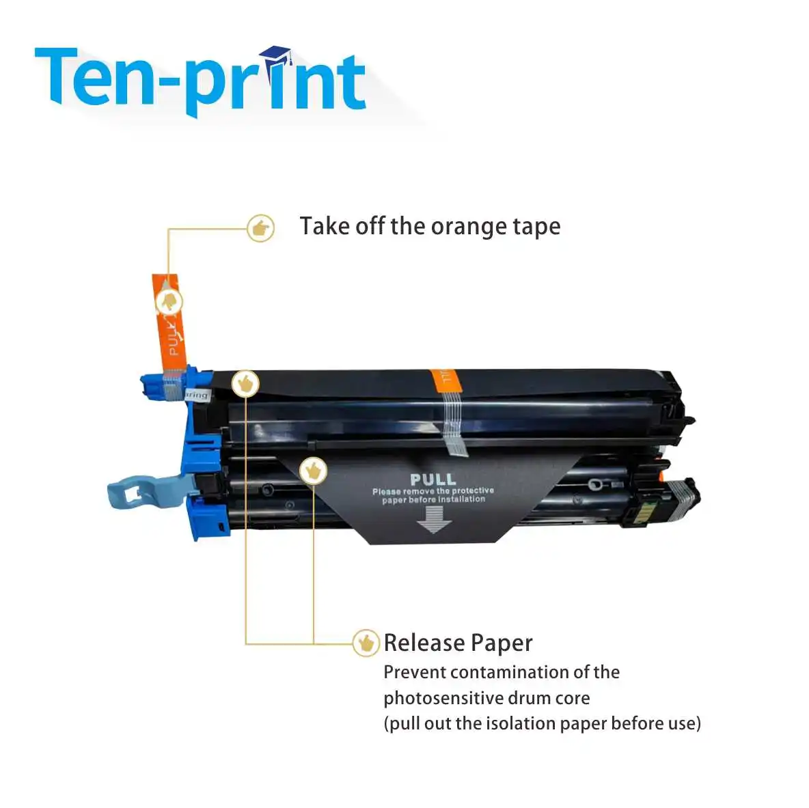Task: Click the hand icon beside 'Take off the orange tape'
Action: [x=260, y=228]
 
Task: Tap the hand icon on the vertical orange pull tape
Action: [x=169, y=301]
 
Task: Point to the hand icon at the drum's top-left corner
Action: [x=245, y=384]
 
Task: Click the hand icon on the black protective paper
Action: [x=313, y=471]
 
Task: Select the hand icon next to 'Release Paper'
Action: [x=366, y=643]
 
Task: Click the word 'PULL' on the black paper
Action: [x=433, y=479]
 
